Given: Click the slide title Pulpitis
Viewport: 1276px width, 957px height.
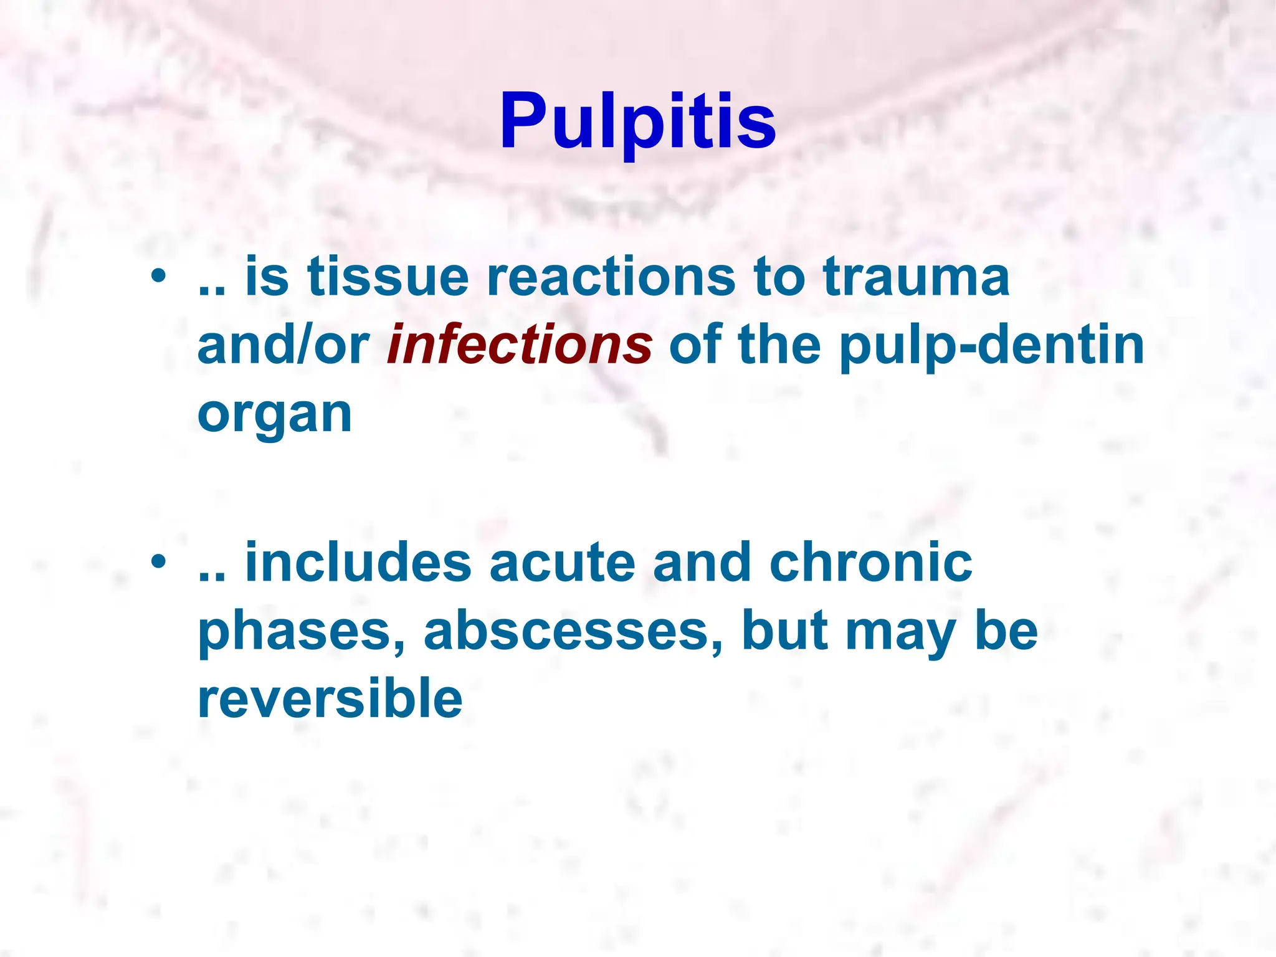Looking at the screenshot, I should [637, 121].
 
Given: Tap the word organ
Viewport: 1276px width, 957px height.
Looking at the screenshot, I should [275, 416].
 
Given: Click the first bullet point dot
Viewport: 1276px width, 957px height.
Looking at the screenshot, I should [158, 275].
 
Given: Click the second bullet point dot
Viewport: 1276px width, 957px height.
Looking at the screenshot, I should [158, 561].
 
